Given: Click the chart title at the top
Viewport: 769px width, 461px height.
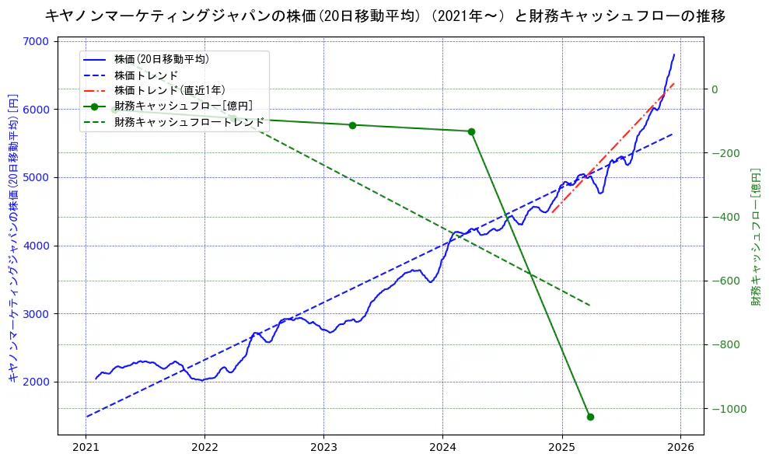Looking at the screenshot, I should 384,16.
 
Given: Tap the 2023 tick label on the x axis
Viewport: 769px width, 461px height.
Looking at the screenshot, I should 323,448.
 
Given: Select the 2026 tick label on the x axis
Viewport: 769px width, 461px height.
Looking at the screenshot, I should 680,448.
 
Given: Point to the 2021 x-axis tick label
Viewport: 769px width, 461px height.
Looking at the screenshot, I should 86,448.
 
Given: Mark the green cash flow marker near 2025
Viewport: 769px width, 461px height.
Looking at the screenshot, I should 589,417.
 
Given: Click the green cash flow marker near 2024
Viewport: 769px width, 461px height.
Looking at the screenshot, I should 471,131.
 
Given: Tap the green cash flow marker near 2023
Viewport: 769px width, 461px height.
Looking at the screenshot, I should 352,125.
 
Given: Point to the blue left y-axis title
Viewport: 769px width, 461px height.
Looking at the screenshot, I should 13,237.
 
